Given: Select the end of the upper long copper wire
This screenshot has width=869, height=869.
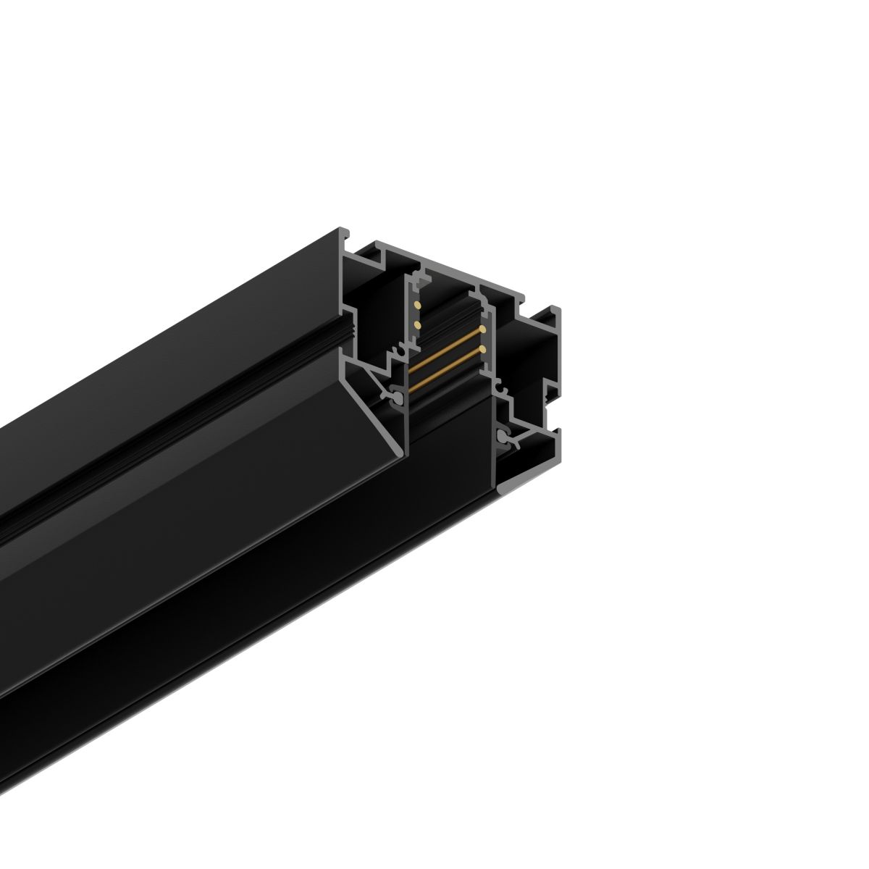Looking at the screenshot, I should (482, 329).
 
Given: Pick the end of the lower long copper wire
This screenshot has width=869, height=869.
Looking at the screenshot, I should (482, 350).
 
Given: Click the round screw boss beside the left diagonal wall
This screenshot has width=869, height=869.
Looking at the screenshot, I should (397, 397).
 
